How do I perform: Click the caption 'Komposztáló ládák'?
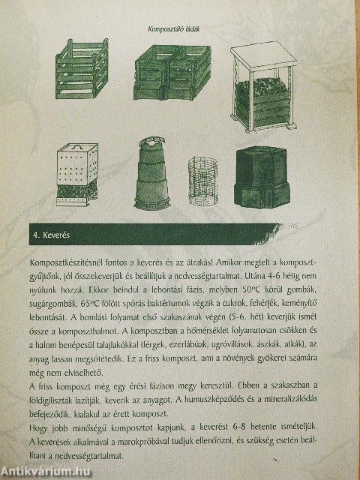pyautogui.click(x=173, y=30)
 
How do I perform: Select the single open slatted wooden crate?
pyautogui.click(x=82, y=68)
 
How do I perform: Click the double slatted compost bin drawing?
pyautogui.click(x=172, y=73)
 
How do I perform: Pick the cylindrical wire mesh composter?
pyautogui.click(x=202, y=181)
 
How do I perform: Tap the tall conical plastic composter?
pyautogui.click(x=152, y=173)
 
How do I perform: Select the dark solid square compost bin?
pyautogui.click(x=262, y=177)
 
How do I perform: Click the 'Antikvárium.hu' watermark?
pyautogui.click(x=46, y=472)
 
